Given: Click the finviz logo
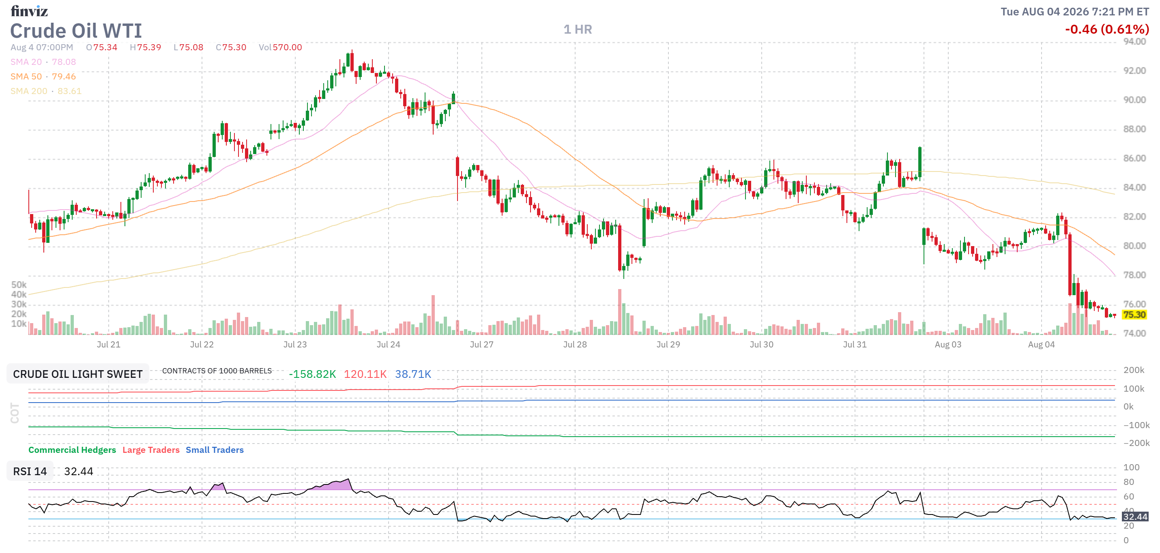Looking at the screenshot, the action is click(29, 11).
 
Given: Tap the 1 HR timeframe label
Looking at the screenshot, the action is click(578, 30).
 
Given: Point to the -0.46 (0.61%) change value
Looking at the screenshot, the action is click(1107, 30).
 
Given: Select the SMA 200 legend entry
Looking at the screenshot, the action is click(46, 91).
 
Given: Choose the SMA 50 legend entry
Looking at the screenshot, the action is click(43, 77).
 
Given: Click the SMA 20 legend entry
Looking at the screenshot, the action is click(43, 62).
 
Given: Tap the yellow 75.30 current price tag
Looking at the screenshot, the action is click(1134, 315).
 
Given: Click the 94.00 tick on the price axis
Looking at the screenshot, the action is click(1134, 42).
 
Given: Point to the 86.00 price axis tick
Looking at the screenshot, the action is click(1134, 159).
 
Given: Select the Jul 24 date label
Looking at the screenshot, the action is click(388, 345).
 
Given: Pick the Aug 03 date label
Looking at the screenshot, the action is click(948, 345).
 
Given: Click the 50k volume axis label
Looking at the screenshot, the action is click(19, 285).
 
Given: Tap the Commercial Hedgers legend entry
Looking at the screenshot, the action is click(72, 450).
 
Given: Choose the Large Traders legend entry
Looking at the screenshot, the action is click(151, 450).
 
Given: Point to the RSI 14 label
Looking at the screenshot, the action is click(30, 472).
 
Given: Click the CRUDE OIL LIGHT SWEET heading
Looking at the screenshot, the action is click(77, 374).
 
